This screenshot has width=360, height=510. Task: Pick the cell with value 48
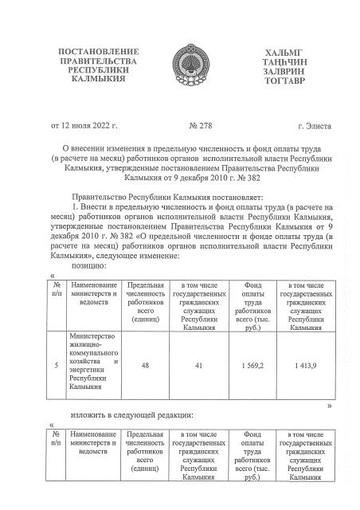[x=145, y=364]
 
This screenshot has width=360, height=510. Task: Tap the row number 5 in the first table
[x=56, y=364]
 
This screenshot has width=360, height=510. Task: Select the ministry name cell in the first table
[x=93, y=364]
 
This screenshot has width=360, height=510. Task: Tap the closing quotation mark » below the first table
[x=328, y=406]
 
